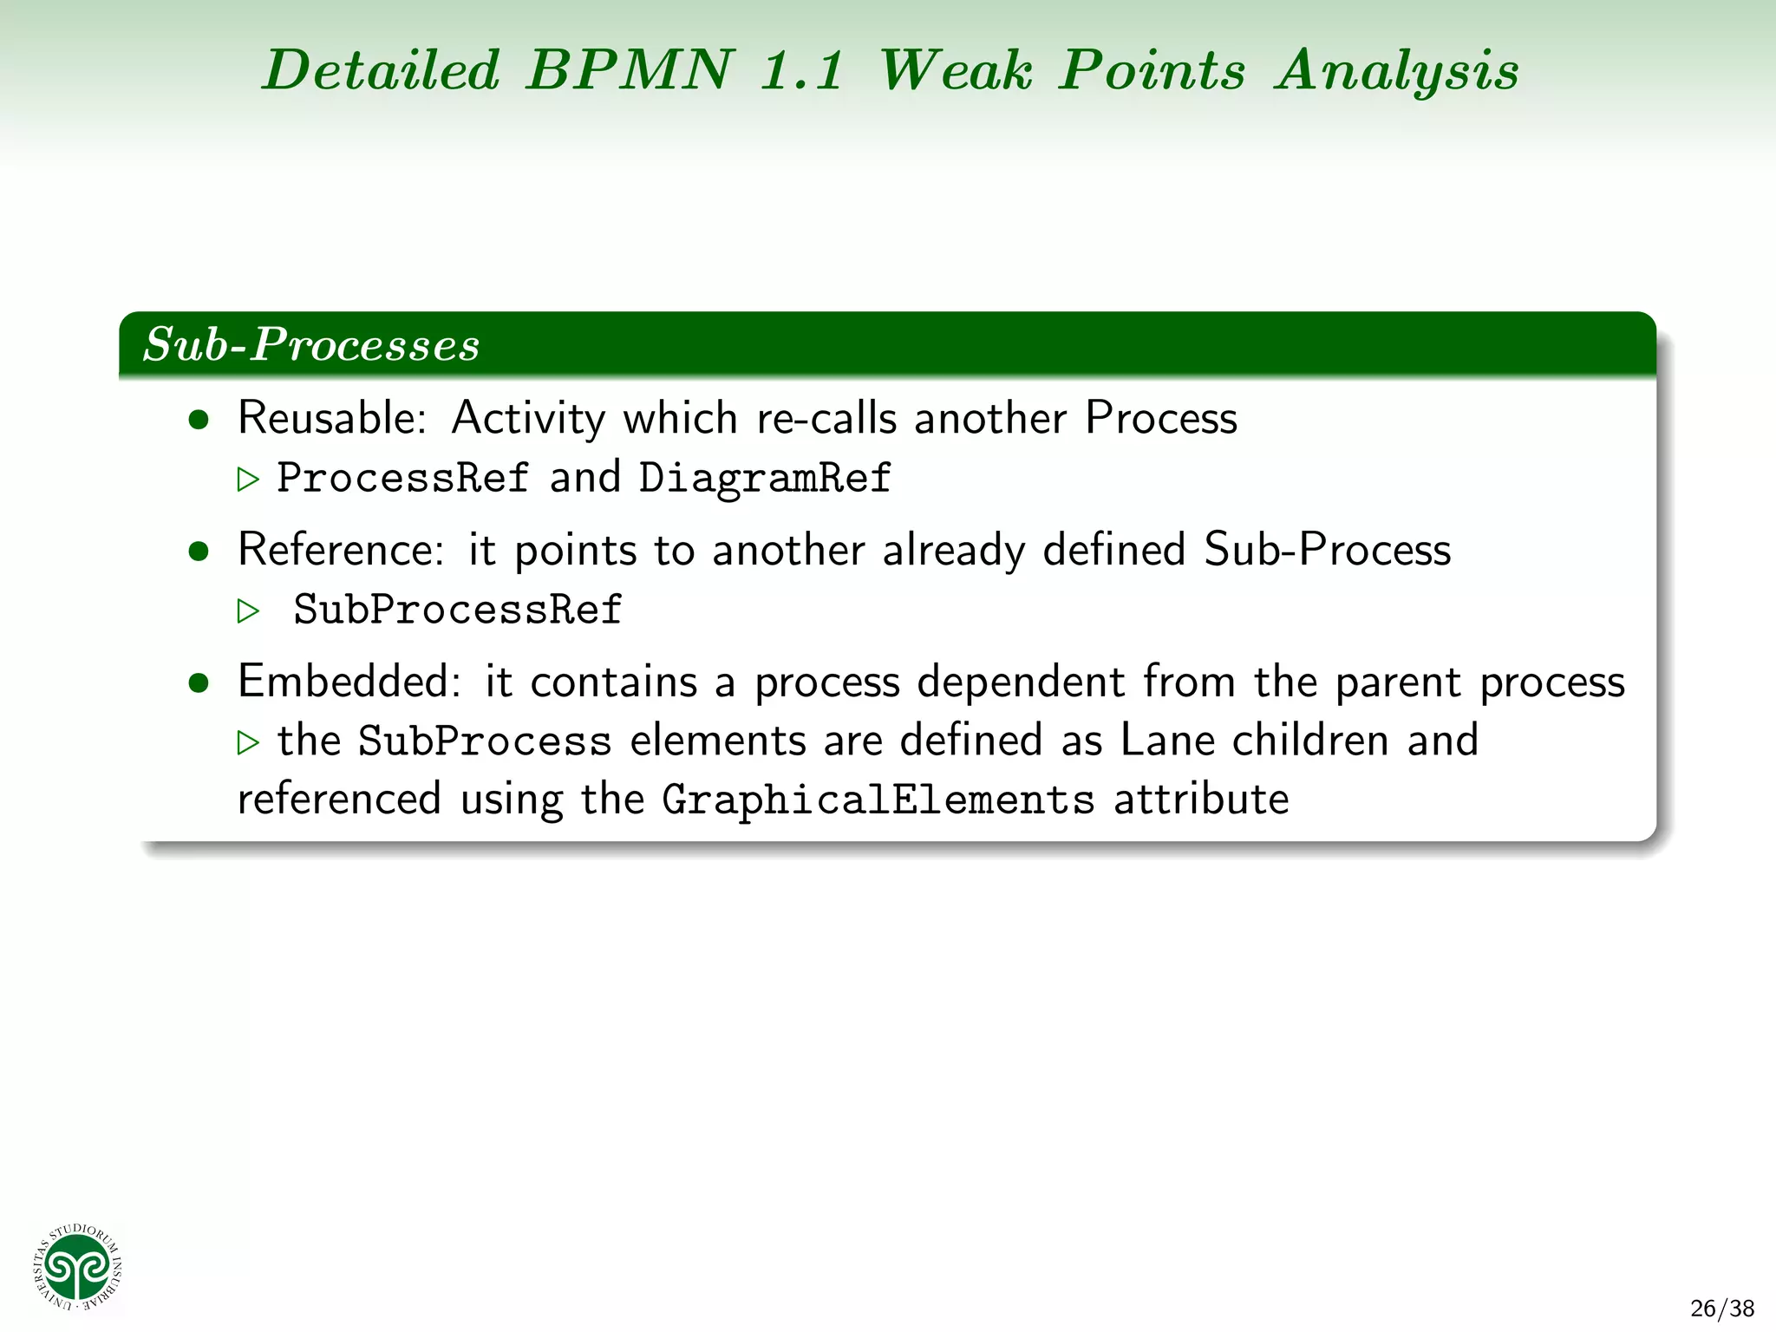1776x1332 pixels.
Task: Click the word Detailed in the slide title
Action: [382, 69]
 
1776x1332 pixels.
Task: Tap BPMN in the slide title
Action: [630, 69]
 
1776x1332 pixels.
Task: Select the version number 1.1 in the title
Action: [801, 71]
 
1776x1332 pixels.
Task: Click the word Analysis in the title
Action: [1397, 71]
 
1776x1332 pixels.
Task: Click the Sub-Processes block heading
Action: [311, 344]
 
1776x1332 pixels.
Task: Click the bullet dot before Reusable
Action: [199, 421]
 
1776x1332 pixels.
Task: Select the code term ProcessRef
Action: [402, 478]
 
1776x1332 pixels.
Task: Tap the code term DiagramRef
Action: [765, 478]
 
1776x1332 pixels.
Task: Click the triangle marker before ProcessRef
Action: [248, 480]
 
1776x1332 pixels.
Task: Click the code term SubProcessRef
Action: [458, 610]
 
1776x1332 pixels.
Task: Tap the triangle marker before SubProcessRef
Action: [248, 611]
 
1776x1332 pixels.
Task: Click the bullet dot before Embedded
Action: [199, 683]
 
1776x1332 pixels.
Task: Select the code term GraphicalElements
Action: [878, 800]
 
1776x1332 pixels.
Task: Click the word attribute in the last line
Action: [1201, 800]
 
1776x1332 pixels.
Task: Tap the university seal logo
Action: [78, 1267]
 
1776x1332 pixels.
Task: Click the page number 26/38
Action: [1722, 1308]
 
